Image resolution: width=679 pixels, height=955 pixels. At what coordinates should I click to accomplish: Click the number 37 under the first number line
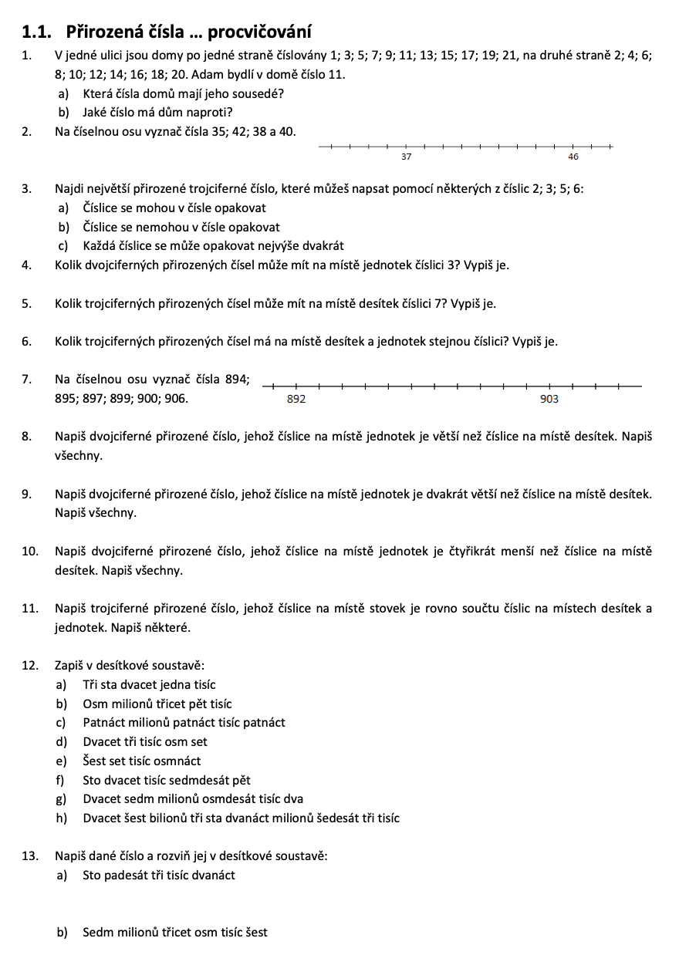tap(407, 157)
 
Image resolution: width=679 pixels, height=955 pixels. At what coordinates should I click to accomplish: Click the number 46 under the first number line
tap(573, 157)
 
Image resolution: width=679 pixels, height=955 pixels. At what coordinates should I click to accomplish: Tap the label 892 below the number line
tap(296, 399)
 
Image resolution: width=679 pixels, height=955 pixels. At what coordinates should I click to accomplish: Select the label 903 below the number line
tap(549, 399)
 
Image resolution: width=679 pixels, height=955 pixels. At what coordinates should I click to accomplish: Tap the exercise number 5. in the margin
tap(27, 303)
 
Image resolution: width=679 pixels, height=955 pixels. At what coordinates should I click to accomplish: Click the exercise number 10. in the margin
tap(30, 551)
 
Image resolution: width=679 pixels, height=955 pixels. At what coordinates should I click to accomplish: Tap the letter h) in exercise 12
tap(62, 818)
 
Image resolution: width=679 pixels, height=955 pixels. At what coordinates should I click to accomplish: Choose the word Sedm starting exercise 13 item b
tap(96, 932)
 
